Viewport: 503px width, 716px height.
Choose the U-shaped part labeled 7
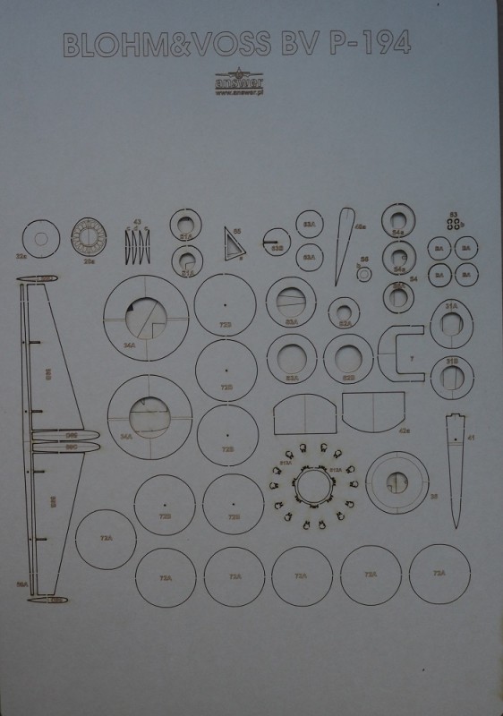[x=403, y=351]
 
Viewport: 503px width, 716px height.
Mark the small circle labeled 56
[x=363, y=273]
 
